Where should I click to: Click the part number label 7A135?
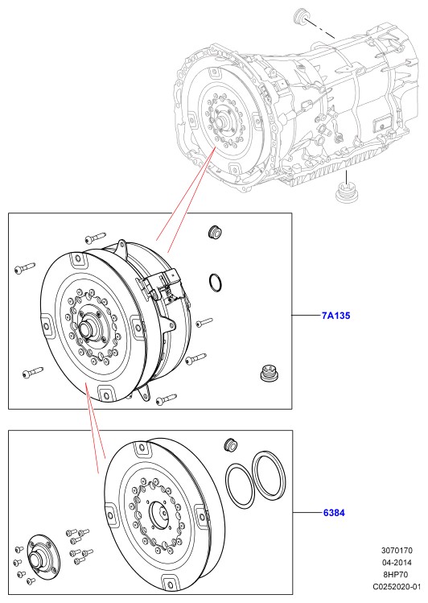[335, 316]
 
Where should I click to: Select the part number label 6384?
[334, 513]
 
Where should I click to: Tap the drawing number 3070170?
[397, 551]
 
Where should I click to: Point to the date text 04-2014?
[397, 563]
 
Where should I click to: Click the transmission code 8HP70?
[396, 575]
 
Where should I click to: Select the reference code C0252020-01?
[397, 586]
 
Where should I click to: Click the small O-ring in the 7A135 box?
[216, 283]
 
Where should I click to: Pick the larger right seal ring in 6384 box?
[269, 473]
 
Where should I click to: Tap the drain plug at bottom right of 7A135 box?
[270, 372]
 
